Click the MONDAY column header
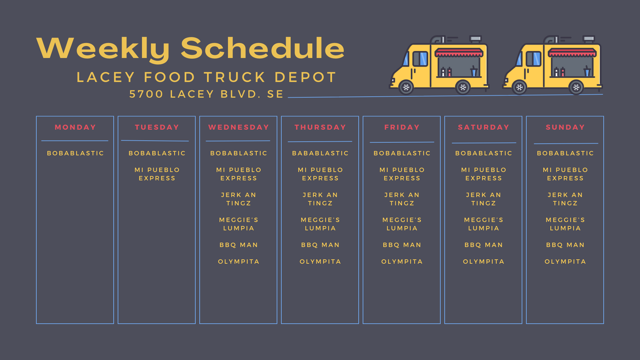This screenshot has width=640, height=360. coord(75,127)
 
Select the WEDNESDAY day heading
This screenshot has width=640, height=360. coord(239,127)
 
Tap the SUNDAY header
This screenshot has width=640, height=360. coord(565,127)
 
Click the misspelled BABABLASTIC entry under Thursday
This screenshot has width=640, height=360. coord(320,153)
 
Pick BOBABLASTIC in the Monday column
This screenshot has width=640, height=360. coord(75,153)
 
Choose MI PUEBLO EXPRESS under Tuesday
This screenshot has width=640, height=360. coord(157,174)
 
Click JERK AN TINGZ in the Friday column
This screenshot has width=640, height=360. coord(402,199)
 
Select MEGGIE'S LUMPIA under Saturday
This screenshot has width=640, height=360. coord(484,224)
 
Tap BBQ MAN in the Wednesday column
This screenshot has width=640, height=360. coord(239,245)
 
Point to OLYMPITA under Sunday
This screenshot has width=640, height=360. coord(565,262)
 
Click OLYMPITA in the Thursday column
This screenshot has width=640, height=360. coord(320,262)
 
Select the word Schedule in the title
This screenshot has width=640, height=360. coord(263,48)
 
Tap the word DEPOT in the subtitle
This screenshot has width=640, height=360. coord(306,77)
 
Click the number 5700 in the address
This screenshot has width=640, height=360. coord(146,94)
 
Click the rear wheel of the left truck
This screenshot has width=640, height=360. coord(463,87)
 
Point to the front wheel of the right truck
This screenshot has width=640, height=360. coord(519,87)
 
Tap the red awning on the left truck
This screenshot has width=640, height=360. coord(459,53)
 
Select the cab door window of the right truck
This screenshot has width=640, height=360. coord(533,59)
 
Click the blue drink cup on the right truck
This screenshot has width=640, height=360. coord(587,71)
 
